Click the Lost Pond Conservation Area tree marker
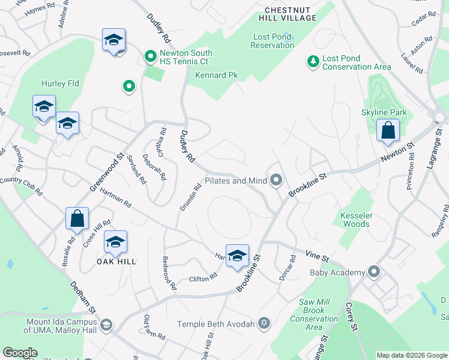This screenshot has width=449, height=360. click(x=313, y=61)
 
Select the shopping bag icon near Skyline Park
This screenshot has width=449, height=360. click(x=388, y=130)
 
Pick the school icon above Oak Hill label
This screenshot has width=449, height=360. click(x=115, y=241)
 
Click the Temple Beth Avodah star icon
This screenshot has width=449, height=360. click(x=263, y=324)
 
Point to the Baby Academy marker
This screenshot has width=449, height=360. click(x=375, y=272)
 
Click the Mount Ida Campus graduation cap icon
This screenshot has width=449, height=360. click(x=106, y=325)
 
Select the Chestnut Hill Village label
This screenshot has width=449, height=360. click(x=291, y=14)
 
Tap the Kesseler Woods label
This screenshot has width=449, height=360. click(x=355, y=220)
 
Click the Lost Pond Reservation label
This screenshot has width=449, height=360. click(x=273, y=41)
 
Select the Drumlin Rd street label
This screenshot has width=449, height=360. click(x=190, y=197)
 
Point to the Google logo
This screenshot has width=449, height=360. click(x=20, y=353)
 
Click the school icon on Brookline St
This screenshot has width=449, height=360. click(x=237, y=255)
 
